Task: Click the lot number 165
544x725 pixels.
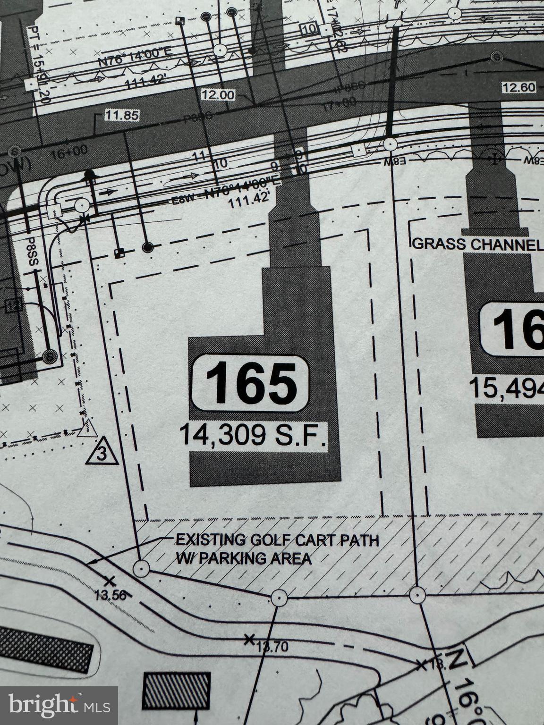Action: click(x=251, y=383)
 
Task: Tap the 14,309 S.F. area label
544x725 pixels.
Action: click(x=253, y=435)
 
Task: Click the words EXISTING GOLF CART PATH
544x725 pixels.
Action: click(x=277, y=540)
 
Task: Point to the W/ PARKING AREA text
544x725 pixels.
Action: click(x=244, y=558)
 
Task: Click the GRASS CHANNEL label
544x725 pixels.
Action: click(x=477, y=244)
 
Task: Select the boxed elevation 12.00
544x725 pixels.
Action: click(x=218, y=95)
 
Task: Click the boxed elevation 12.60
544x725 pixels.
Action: click(x=518, y=87)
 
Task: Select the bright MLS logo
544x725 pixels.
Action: click(x=59, y=705)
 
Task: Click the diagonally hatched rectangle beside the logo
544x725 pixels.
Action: click(x=177, y=691)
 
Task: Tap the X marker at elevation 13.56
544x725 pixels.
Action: click(x=110, y=581)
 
